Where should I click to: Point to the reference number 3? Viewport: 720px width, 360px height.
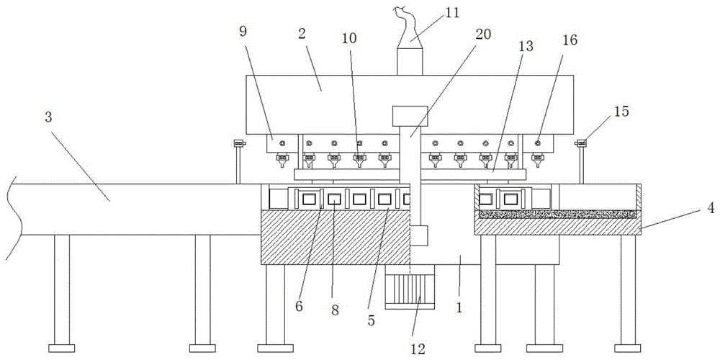click(48, 117)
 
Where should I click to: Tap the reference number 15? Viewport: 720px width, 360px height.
click(621, 112)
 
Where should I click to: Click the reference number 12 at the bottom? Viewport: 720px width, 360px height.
click(418, 348)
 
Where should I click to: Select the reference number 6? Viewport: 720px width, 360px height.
click(300, 305)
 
